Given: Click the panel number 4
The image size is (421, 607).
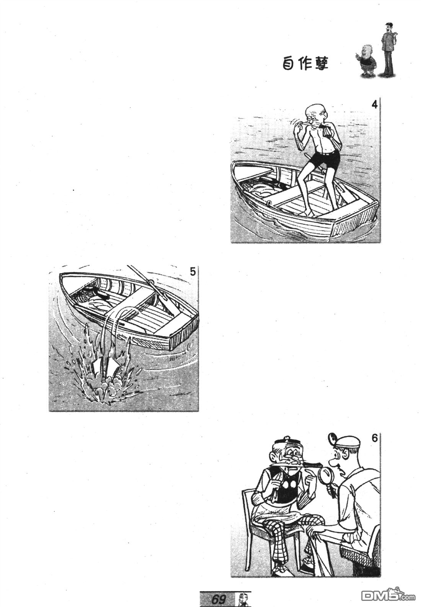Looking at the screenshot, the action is [x=374, y=104].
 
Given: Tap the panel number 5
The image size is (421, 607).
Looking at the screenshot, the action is [x=193, y=272].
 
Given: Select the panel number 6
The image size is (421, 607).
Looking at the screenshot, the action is [x=375, y=438].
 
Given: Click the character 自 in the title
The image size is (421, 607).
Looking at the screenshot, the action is [x=288, y=64].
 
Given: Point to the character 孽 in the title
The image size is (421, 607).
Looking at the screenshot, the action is [x=321, y=64].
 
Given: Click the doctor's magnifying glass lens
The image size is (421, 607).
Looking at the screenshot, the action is [x=326, y=475].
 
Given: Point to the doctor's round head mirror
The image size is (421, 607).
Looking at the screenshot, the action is [x=332, y=437].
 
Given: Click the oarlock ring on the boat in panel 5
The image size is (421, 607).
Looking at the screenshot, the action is [x=151, y=282].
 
